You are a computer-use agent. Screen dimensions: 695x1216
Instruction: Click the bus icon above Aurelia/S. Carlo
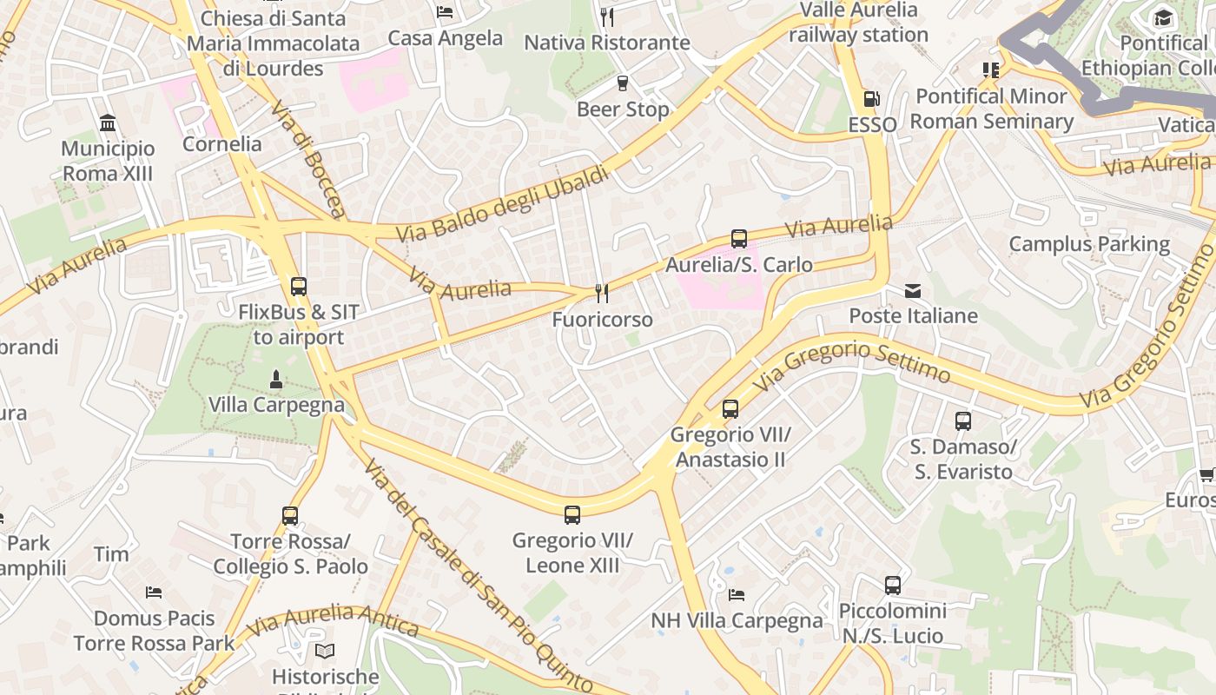(x=739, y=239)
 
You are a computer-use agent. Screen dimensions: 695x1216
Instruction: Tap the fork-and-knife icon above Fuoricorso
(x=600, y=294)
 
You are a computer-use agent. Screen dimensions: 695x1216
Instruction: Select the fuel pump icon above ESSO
(x=871, y=100)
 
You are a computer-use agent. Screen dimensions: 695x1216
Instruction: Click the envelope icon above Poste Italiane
(x=913, y=291)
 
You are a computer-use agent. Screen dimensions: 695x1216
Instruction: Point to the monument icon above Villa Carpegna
(x=276, y=379)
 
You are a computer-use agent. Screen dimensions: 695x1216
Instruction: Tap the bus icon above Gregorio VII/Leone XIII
(x=572, y=514)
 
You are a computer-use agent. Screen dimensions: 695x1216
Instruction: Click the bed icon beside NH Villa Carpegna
(x=737, y=595)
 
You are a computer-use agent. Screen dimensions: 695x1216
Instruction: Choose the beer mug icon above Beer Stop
(x=622, y=83)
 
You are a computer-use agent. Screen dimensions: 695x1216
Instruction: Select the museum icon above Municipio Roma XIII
(x=108, y=122)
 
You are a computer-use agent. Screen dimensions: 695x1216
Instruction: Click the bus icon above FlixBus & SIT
(x=299, y=286)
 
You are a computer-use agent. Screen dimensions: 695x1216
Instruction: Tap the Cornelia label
(x=221, y=144)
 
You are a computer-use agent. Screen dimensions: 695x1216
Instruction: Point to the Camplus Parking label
(x=1089, y=244)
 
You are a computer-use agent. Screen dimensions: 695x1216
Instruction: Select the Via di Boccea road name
(x=309, y=160)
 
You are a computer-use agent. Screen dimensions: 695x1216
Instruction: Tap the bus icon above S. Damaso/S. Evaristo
(x=963, y=421)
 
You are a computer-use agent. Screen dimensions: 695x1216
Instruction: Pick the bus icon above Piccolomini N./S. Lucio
(x=893, y=586)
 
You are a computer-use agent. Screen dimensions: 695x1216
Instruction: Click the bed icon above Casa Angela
(x=446, y=12)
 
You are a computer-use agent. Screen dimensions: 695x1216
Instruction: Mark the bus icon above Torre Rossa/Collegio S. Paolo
(x=290, y=516)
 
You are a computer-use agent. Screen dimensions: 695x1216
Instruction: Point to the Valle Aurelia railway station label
(x=858, y=23)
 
